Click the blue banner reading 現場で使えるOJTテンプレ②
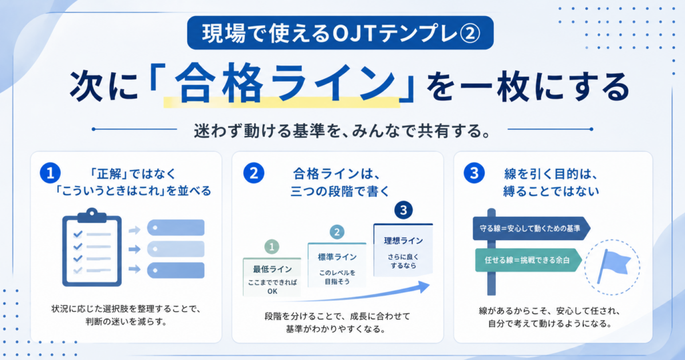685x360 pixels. tap(340, 33)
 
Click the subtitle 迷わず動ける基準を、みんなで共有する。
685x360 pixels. tap(342, 130)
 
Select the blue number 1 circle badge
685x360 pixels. tap(50, 173)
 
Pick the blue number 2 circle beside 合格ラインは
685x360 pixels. tap(254, 173)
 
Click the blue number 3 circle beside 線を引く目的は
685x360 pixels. tap(474, 173)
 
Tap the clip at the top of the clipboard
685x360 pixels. tap(92, 215)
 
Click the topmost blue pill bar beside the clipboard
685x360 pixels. tap(176, 228)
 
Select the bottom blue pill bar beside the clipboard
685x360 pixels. tap(176, 270)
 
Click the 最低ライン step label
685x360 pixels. tap(272, 269)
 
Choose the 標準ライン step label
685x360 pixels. tap(337, 257)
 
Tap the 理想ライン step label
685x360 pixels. tap(403, 241)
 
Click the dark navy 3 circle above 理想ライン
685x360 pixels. tap(403, 211)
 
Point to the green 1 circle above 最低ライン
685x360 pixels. tap(272, 247)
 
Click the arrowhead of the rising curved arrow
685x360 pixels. tap(423, 286)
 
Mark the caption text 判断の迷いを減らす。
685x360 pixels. tap(126, 322)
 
